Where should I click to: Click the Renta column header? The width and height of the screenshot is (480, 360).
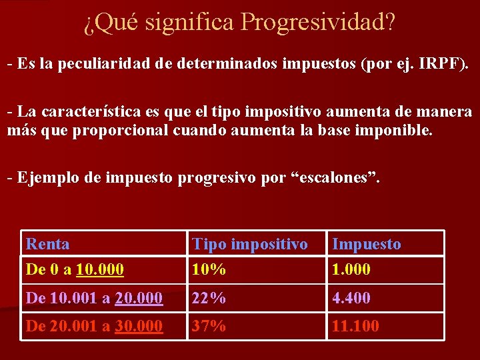click(x=47, y=244)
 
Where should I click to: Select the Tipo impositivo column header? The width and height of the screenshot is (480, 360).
click(x=250, y=244)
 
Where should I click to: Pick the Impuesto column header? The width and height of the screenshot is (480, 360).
click(x=367, y=244)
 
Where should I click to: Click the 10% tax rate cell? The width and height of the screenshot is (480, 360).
click(x=208, y=270)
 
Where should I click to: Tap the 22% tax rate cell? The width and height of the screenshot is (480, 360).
click(x=209, y=299)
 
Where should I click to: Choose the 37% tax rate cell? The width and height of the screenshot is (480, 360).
click(x=209, y=326)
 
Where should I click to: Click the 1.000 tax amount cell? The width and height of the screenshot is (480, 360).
click(x=351, y=270)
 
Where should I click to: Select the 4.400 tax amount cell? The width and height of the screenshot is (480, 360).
click(x=351, y=299)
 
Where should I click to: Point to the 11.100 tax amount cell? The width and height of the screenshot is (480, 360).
click(x=355, y=326)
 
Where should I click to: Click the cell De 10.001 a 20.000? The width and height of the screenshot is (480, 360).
click(x=94, y=299)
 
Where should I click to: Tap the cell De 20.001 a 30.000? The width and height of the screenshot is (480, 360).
click(x=94, y=326)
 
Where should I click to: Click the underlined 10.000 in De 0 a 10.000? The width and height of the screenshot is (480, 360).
click(x=100, y=270)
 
